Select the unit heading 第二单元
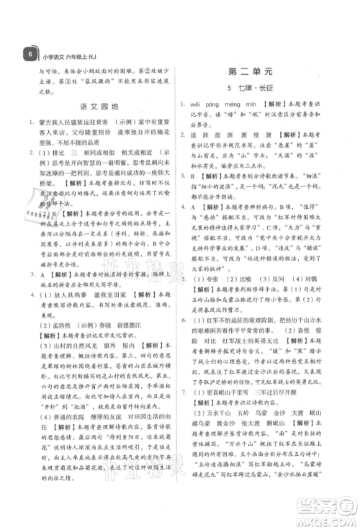267,72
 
